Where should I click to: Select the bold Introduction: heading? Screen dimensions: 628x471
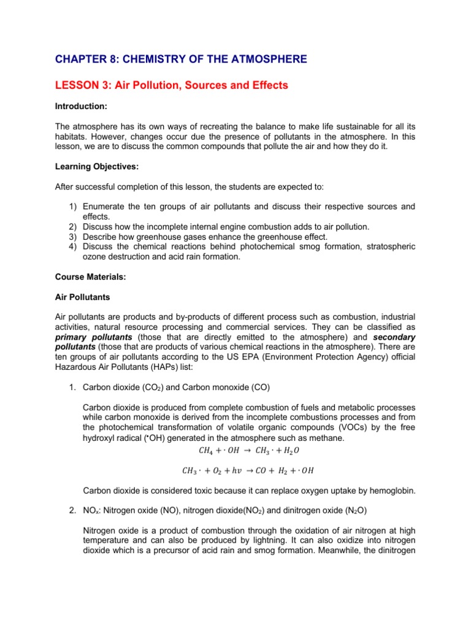[81, 106]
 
